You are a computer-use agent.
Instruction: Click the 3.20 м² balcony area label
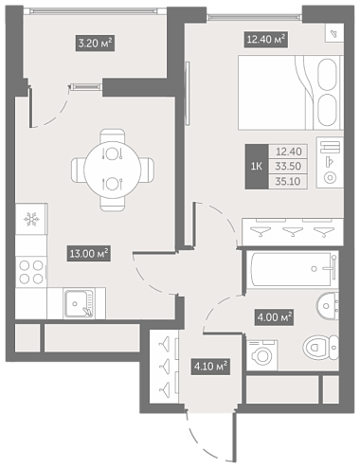point(95,43)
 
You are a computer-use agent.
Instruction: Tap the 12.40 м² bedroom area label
point(266,40)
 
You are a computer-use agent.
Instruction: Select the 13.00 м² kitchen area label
point(89,254)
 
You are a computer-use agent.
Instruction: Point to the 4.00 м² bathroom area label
point(274,317)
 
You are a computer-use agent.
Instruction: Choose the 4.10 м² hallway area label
point(210,367)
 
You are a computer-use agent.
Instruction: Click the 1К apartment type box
point(257,167)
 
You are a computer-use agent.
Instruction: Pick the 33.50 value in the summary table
point(288,166)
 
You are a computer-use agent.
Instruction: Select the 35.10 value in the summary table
point(288,181)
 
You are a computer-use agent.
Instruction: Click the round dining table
point(112,170)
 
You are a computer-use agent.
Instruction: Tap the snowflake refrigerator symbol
point(31,219)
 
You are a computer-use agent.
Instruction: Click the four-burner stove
point(31,272)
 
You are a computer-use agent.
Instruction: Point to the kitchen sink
point(80,304)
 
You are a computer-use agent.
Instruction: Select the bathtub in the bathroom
point(293,269)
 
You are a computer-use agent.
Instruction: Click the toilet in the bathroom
point(320,348)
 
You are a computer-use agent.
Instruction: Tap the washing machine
point(262,355)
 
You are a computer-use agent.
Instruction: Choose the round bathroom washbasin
point(327,306)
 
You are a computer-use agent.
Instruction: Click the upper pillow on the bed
point(327,75)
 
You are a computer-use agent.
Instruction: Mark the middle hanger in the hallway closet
point(165,367)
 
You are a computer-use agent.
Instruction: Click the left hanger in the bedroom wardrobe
point(261,232)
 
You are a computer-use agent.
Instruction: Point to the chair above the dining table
point(113,136)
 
